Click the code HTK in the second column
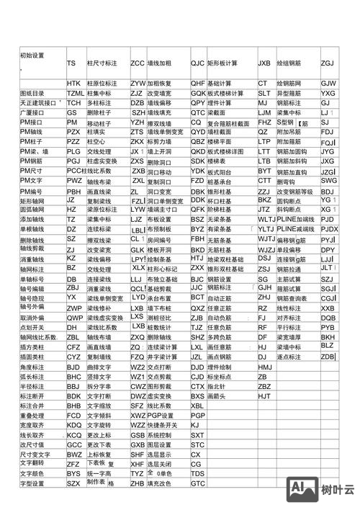[73, 84]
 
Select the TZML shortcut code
[76, 94]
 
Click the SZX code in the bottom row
[73, 483]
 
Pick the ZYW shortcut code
[138, 84]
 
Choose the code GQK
[198, 94]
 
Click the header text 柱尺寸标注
[102, 63]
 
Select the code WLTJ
[266, 218]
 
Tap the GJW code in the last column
[328, 84]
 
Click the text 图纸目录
[32, 94]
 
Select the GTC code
[198, 484]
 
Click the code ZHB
[137, 484]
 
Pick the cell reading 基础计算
[220, 84]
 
